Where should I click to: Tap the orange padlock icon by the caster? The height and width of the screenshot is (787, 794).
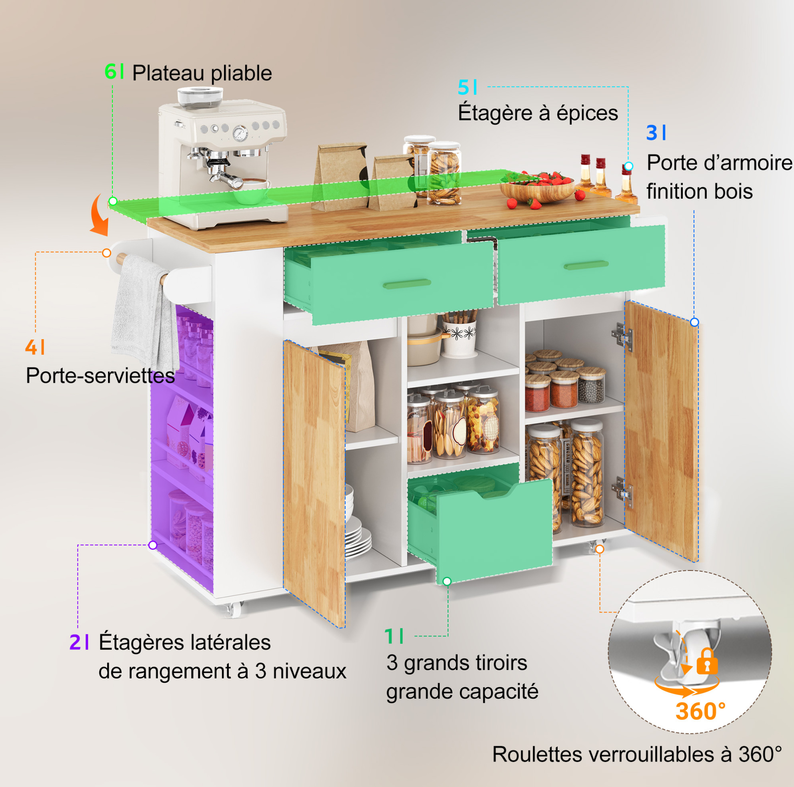click(707, 662)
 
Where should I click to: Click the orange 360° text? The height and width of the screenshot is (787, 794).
click(701, 711)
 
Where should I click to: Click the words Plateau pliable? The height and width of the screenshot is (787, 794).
click(202, 73)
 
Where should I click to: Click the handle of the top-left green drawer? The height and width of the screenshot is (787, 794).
click(407, 284)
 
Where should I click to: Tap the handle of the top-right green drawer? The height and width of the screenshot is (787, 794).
click(586, 265)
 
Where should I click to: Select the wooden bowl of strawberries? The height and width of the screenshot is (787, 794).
click(538, 188)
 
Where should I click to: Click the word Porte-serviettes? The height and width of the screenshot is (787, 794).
click(100, 375)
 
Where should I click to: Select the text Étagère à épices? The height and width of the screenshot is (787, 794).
click(538, 113)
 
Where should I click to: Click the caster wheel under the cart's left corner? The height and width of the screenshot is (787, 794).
click(234, 610)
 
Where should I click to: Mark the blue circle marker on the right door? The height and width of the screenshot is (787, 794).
click(694, 322)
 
